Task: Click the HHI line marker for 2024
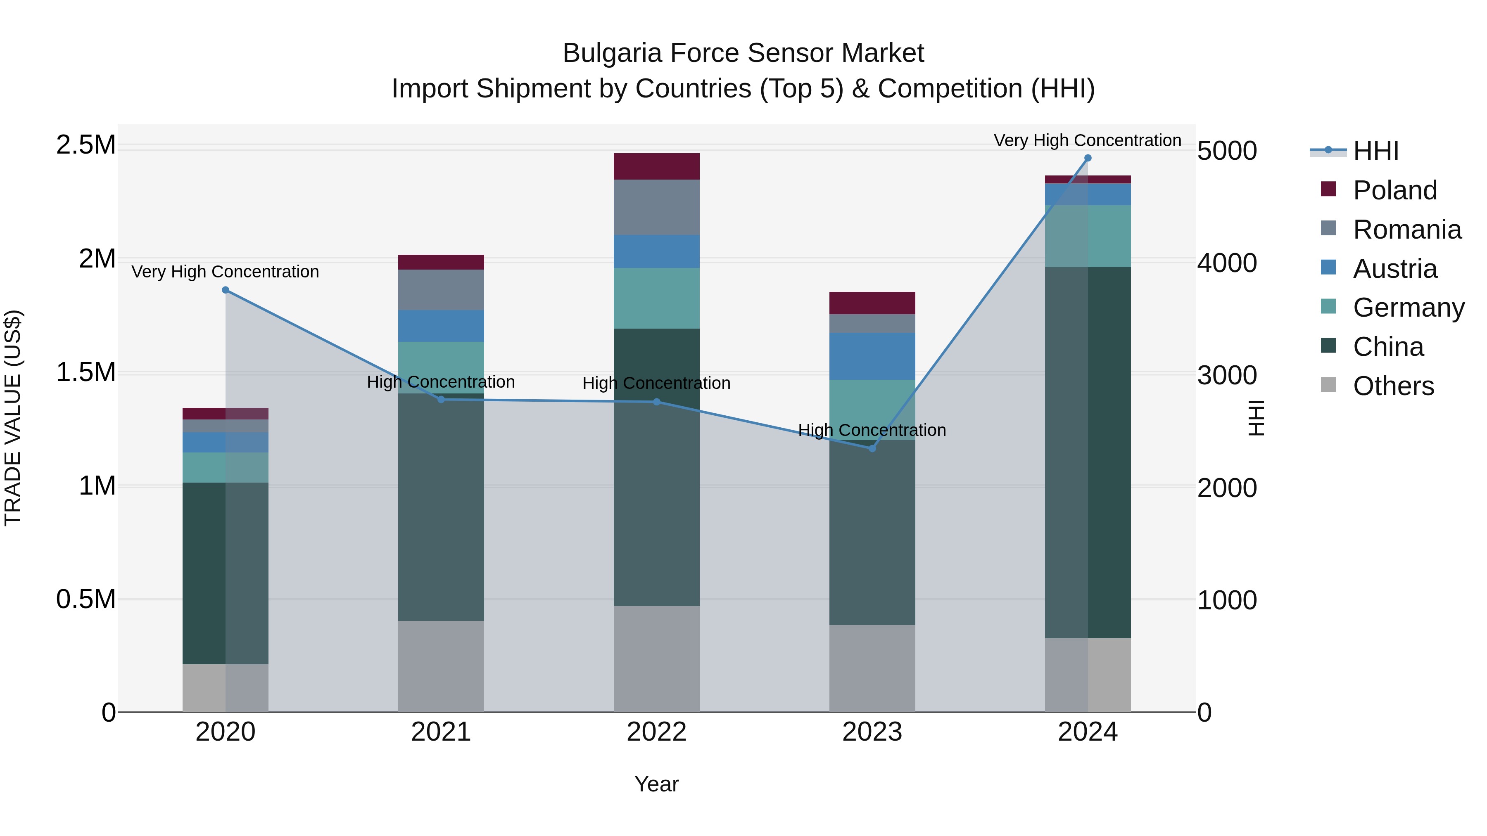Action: (x=1088, y=158)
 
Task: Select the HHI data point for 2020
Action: (x=226, y=290)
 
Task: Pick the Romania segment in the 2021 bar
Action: (x=441, y=290)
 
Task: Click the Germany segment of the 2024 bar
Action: (x=1088, y=236)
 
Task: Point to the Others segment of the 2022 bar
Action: (x=656, y=658)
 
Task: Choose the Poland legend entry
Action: (x=1394, y=190)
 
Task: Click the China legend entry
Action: (x=1388, y=347)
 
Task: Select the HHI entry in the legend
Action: (x=1375, y=151)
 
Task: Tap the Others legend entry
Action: (x=1393, y=386)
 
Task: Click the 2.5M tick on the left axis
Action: (x=86, y=145)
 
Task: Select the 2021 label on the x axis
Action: (x=441, y=732)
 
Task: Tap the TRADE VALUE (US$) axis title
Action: (x=13, y=418)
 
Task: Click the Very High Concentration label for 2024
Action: (x=1087, y=140)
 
